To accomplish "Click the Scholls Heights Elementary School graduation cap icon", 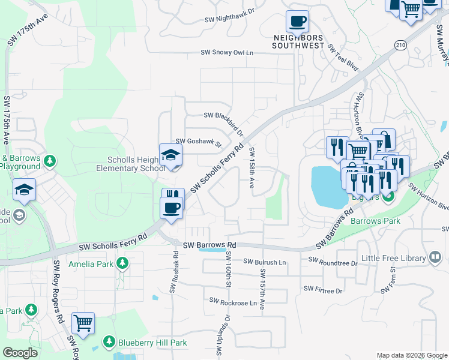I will click(170, 155).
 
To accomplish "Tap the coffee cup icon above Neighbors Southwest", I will click(297, 22).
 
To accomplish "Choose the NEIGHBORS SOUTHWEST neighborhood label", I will click(298, 41).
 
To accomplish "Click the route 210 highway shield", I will click(402, 44).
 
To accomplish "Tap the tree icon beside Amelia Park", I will click(122, 263).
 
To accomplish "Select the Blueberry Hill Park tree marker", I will click(109, 341).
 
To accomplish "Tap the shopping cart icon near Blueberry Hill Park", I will click(83, 323).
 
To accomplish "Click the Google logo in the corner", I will click(20, 353).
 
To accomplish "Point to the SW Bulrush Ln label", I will click(265, 262).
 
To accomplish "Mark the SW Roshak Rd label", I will click(173, 271).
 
